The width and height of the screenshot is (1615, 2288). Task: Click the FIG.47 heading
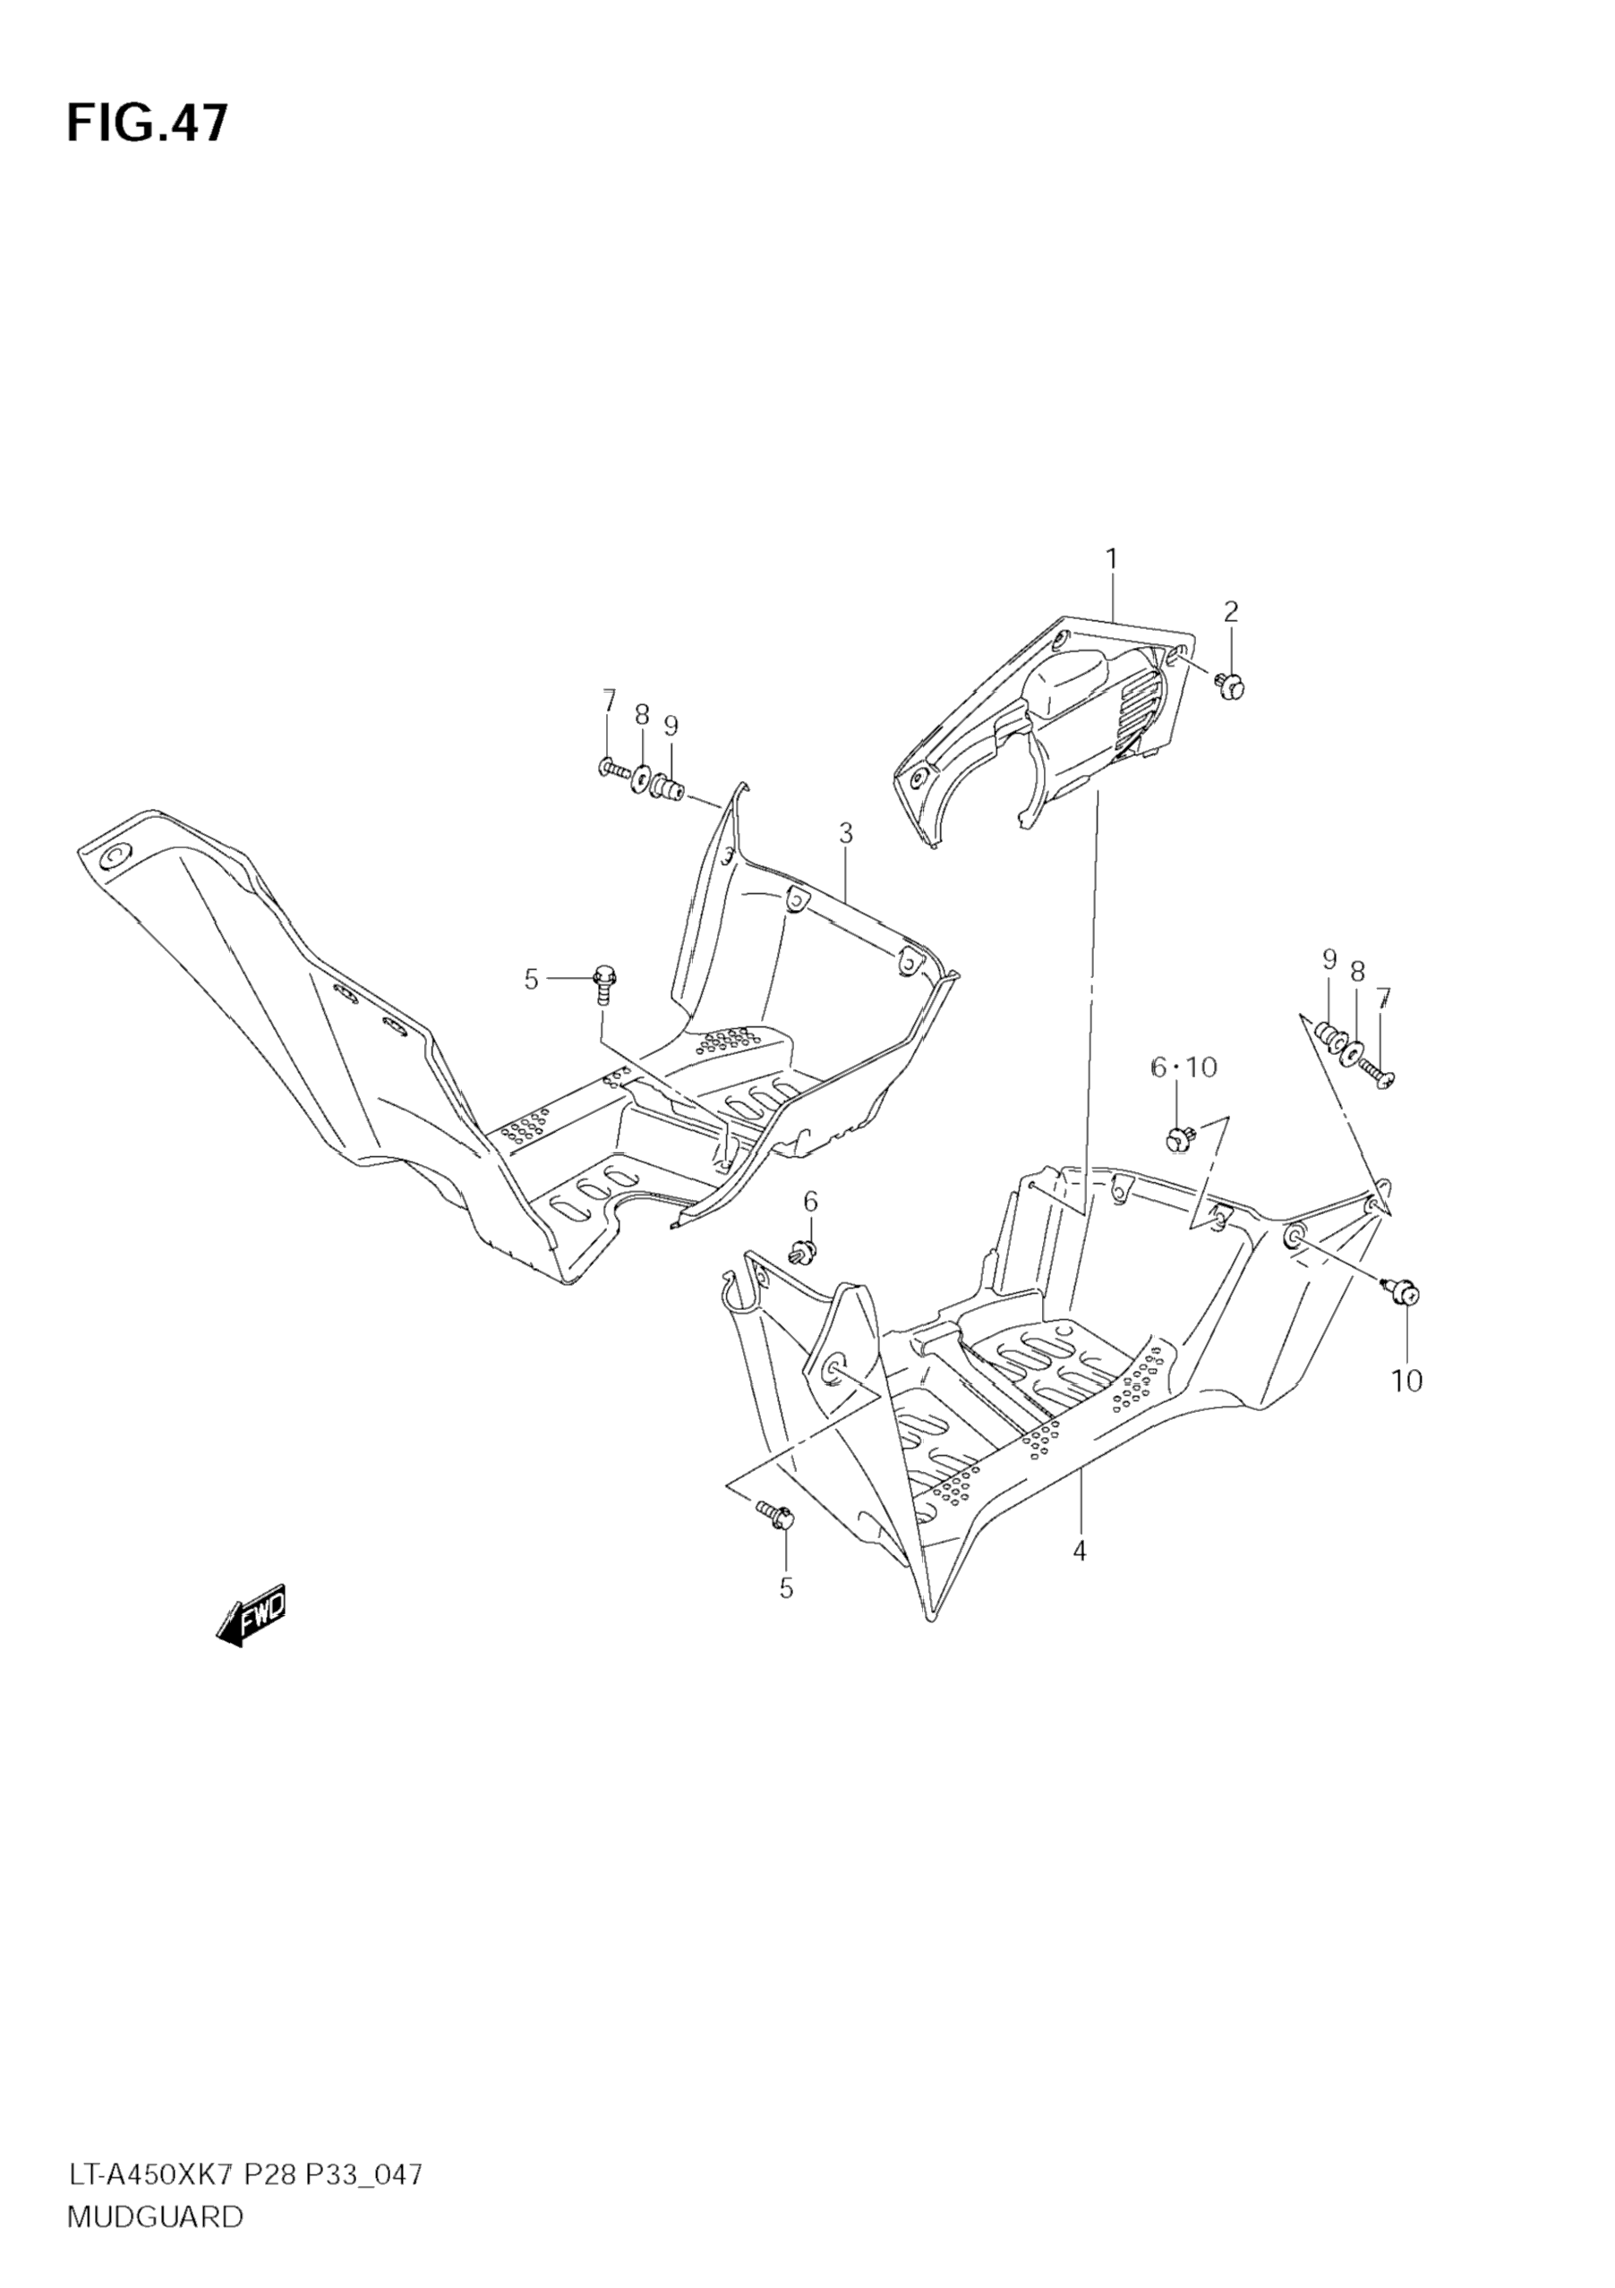pyautogui.click(x=148, y=123)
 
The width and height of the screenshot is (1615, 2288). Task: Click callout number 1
pyautogui.click(x=1112, y=560)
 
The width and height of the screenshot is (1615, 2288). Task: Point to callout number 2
pyautogui.click(x=1231, y=611)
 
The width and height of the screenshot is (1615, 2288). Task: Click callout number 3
pyautogui.click(x=845, y=833)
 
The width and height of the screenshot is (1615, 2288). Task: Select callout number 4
pyautogui.click(x=1079, y=1552)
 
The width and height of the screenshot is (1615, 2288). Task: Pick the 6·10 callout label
pyautogui.click(x=1183, y=1067)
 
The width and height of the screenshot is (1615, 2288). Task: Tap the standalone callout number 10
pyautogui.click(x=1406, y=1382)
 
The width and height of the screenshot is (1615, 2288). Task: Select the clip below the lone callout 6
pyautogui.click(x=802, y=1248)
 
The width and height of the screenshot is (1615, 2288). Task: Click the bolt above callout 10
pyautogui.click(x=1403, y=1292)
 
